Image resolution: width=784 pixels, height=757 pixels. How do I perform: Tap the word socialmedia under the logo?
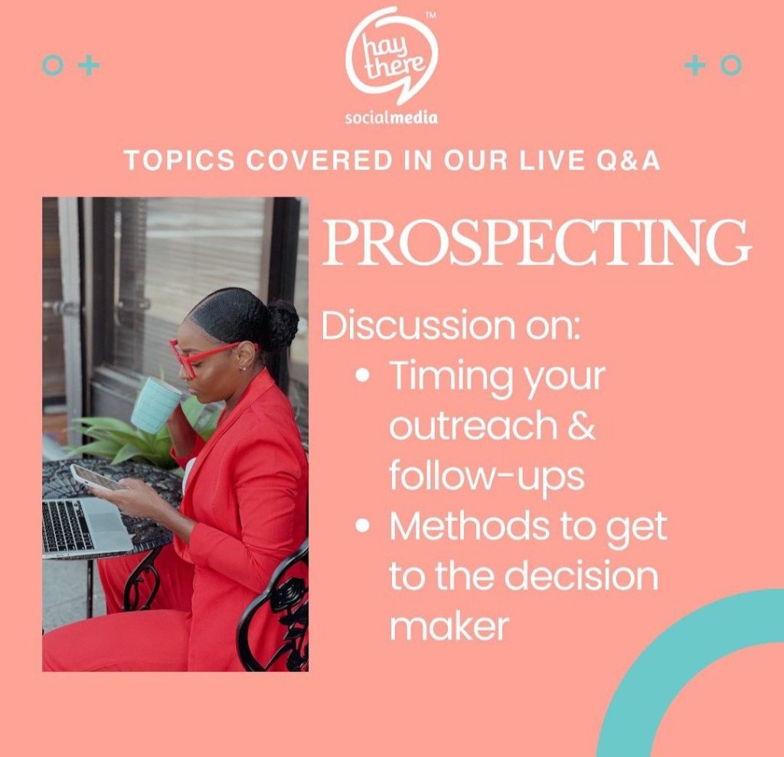point(392,117)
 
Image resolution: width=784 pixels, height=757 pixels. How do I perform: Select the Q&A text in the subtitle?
point(629,161)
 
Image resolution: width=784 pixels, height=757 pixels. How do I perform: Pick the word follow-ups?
point(487,476)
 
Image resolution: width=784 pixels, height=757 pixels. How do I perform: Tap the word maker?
point(449,625)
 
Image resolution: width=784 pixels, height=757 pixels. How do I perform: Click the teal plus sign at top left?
point(90,65)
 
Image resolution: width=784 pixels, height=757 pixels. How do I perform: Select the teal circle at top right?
point(731,65)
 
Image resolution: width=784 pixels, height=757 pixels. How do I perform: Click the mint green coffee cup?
point(156,405)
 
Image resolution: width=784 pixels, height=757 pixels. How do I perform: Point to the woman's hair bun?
point(282,324)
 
